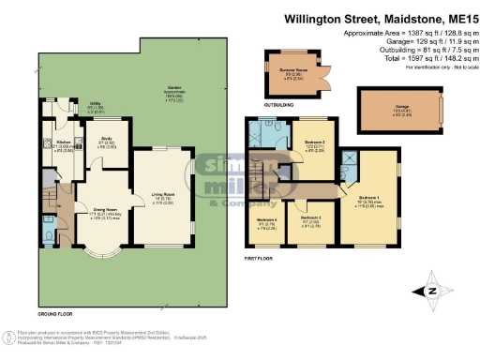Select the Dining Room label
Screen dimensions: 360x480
pos(103,214)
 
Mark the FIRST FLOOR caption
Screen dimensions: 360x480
pos(261,255)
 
